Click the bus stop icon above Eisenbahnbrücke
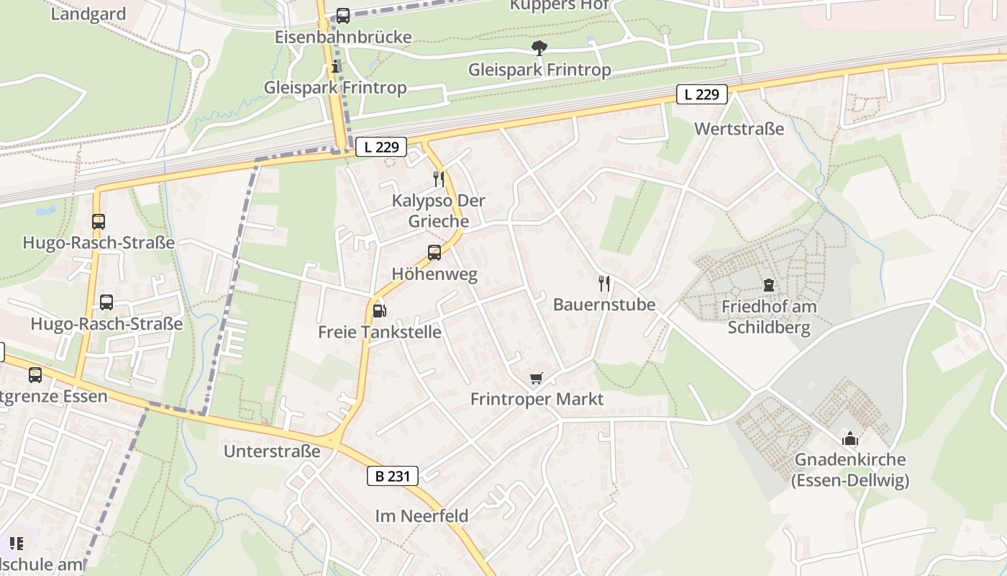(x=343, y=15)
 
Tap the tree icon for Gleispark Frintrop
(x=539, y=48)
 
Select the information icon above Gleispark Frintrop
(x=335, y=68)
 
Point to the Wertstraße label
(x=739, y=129)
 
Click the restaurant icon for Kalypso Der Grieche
(x=439, y=179)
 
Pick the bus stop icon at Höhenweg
(x=434, y=253)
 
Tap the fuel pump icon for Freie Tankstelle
(x=380, y=311)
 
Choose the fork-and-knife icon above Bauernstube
(x=604, y=283)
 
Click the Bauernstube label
(x=604, y=305)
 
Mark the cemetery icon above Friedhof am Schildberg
(x=769, y=285)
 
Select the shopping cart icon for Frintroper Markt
(x=537, y=378)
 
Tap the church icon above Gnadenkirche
(x=850, y=438)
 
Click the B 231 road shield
(x=393, y=476)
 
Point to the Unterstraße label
(x=272, y=451)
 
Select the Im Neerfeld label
(x=422, y=516)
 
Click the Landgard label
(x=88, y=14)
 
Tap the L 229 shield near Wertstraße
(x=701, y=94)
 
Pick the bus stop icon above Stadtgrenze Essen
(x=35, y=374)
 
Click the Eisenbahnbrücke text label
(x=343, y=37)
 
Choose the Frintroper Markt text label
(x=537, y=399)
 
